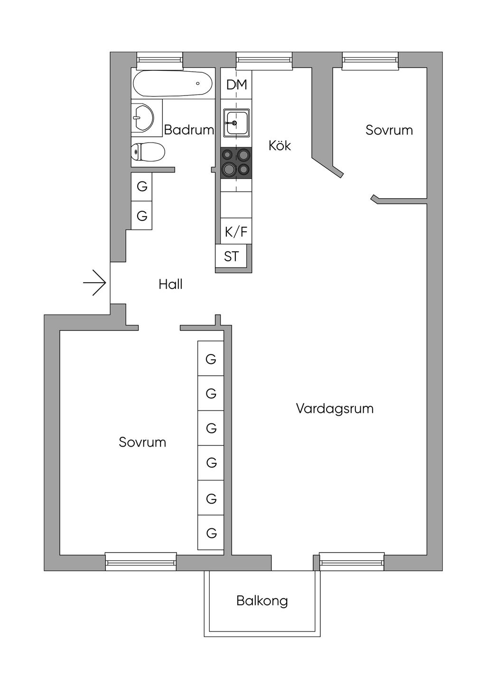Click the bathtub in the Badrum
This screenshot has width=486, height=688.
tap(172, 84)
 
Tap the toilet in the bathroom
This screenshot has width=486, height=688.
tap(148, 152)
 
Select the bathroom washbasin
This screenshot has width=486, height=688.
tap(143, 117)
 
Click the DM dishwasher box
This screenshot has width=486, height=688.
tap(236, 85)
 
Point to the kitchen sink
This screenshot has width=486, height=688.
tap(236, 123)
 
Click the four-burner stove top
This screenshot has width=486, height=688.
tap(236, 162)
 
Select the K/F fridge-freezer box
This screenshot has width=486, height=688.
tap(236, 232)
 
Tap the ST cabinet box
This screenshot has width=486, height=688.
tap(231, 257)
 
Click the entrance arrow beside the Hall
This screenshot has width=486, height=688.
tap(95, 283)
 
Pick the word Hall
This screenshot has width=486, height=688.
tap(170, 285)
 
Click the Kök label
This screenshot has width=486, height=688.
tap(280, 145)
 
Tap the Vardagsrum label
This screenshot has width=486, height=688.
tap(335, 409)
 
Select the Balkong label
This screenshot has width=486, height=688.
tap(262, 601)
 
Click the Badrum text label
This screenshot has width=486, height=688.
tap(189, 130)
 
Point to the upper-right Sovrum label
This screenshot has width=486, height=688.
tap(389, 130)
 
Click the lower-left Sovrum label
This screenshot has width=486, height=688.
tap(142, 442)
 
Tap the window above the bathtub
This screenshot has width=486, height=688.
tap(159, 59)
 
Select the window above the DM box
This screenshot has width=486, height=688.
tap(264, 59)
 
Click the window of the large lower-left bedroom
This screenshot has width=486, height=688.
tap(140, 562)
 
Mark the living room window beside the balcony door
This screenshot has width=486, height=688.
tap(352, 562)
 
